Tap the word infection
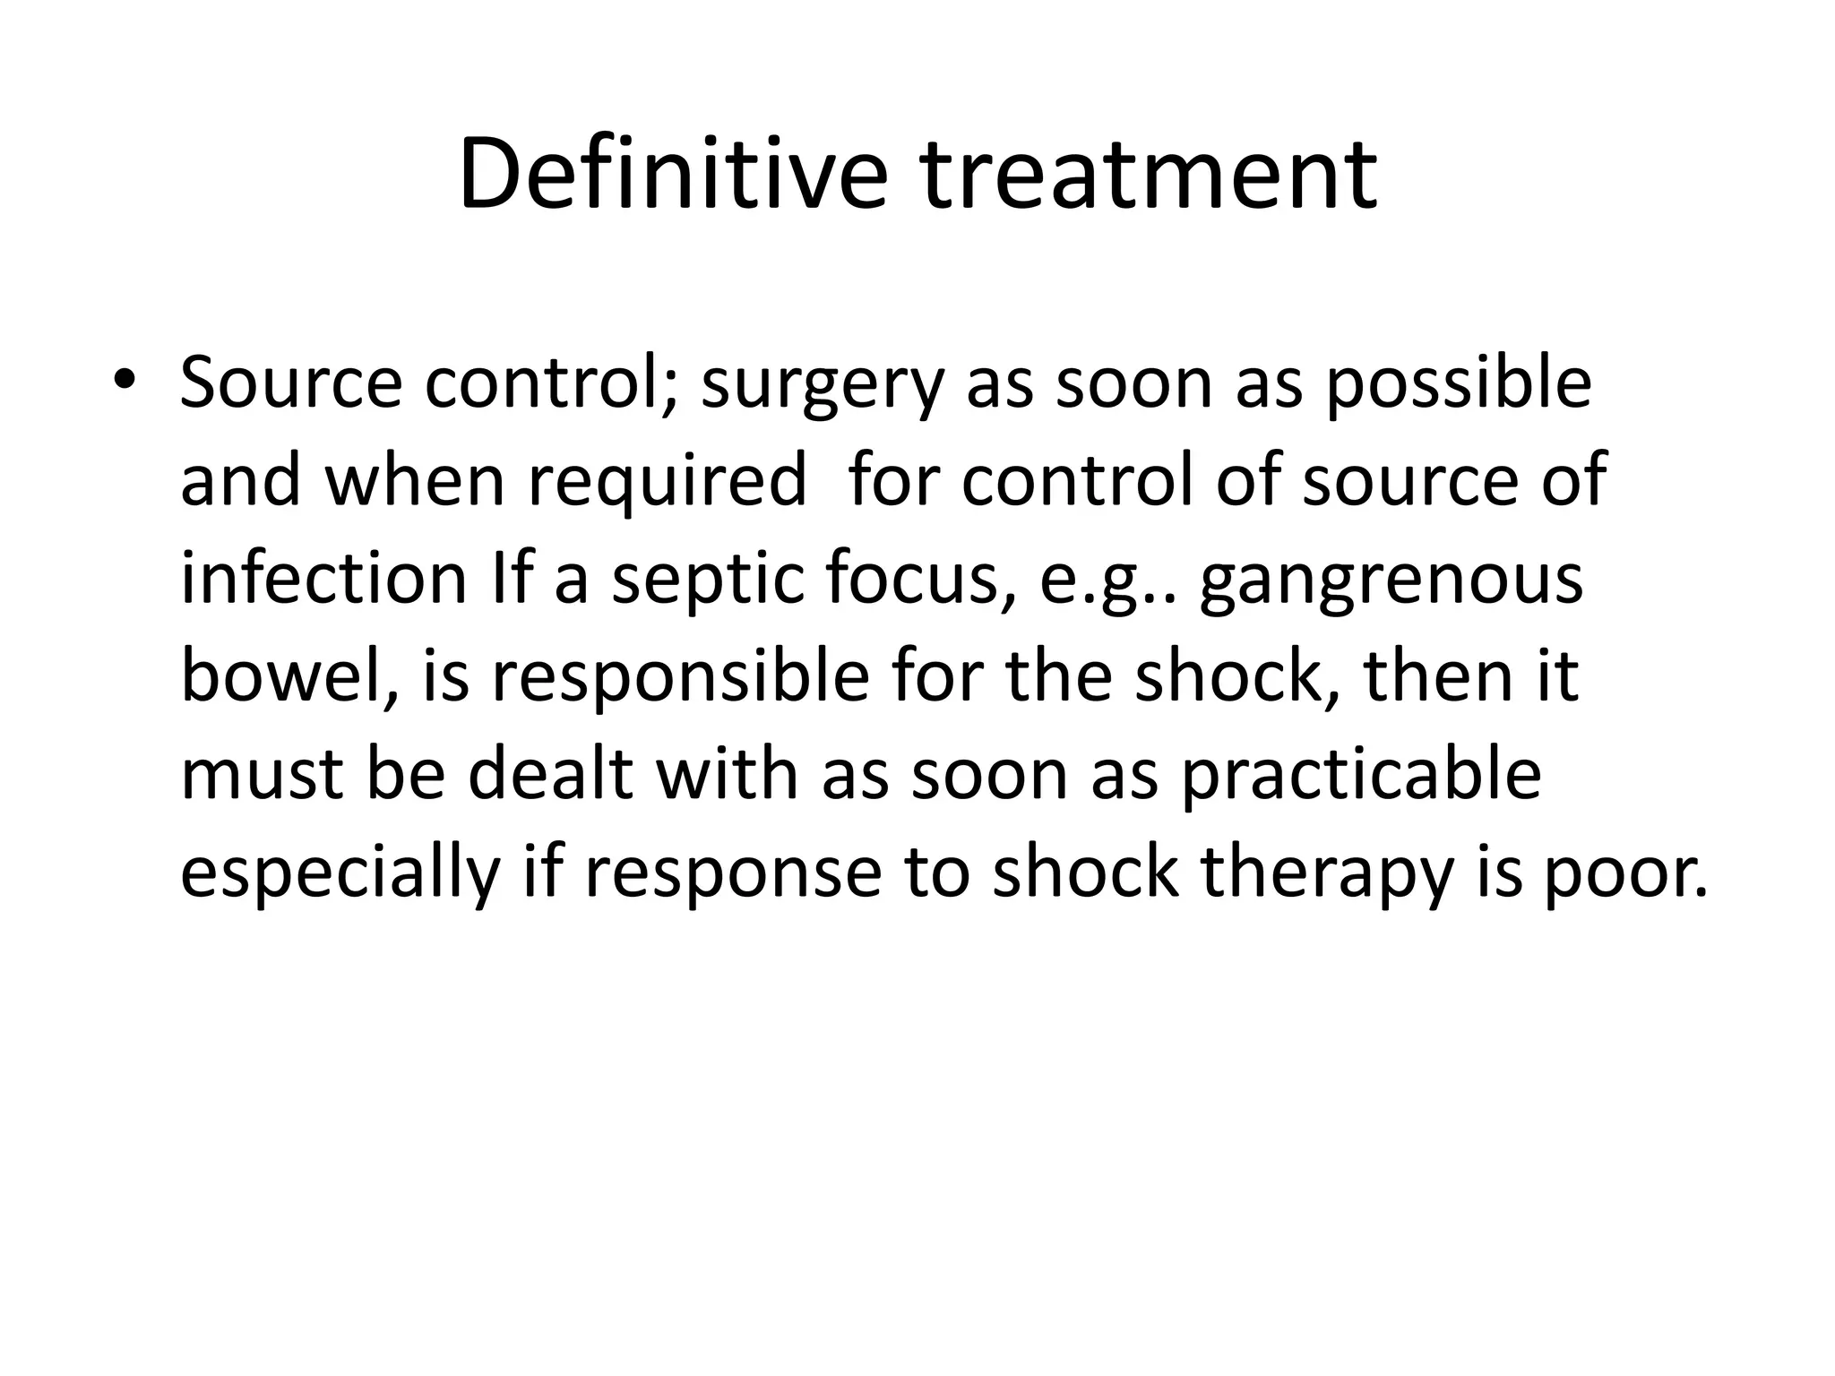(324, 579)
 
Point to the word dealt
(551, 774)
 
